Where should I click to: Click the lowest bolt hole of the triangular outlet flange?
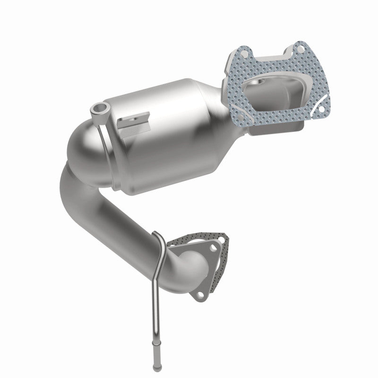[x=202, y=296]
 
